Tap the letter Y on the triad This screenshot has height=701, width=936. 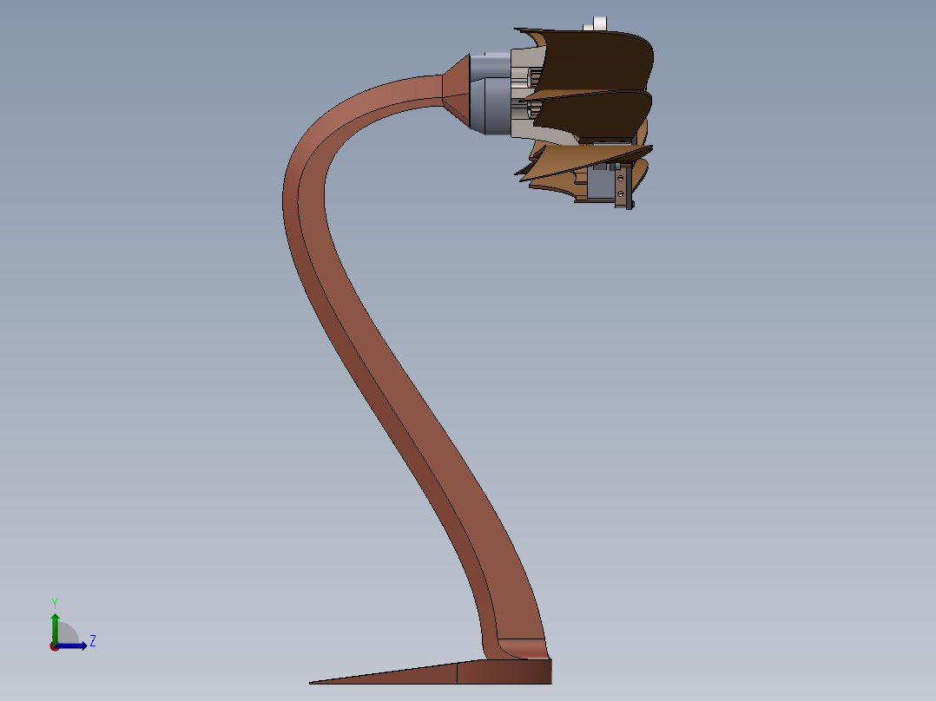[x=55, y=603]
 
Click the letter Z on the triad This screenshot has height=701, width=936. [x=92, y=641]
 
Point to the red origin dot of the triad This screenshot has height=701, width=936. [x=55, y=645]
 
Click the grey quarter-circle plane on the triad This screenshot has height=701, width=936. [x=67, y=634]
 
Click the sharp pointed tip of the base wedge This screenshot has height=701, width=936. [x=313, y=682]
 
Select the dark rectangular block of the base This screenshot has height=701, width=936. [x=504, y=672]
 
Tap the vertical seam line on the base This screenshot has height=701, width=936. [x=458, y=673]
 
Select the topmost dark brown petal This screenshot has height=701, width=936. [x=599, y=57]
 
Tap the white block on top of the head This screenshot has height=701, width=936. [x=597, y=23]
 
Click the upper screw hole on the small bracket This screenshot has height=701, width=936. [x=621, y=179]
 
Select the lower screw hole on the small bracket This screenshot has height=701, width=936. [x=621, y=193]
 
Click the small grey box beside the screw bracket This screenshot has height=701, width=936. [x=600, y=184]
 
